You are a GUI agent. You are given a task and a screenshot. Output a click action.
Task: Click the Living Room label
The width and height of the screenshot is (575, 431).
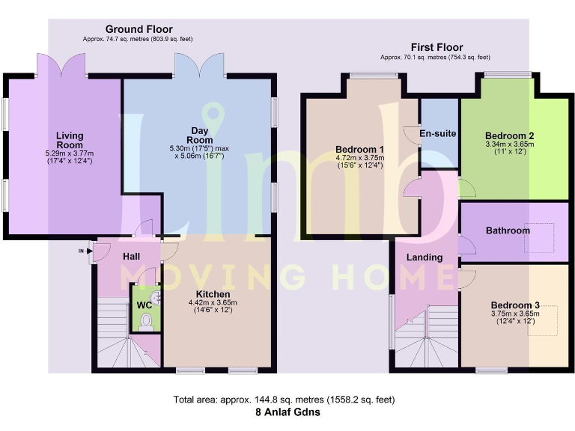click(x=69, y=141)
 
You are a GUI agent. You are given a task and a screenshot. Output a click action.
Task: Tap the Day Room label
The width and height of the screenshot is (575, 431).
click(x=200, y=135)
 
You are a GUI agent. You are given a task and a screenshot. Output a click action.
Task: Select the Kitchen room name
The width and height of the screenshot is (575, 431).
click(x=213, y=294)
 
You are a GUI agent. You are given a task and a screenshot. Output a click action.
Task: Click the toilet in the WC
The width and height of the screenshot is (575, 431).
click(x=147, y=321)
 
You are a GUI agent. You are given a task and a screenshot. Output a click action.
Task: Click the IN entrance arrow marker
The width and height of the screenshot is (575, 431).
click(x=82, y=251)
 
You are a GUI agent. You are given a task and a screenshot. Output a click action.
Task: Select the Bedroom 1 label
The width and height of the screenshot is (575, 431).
click(x=359, y=149)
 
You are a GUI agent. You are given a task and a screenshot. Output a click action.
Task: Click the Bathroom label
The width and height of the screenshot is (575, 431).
click(x=508, y=230)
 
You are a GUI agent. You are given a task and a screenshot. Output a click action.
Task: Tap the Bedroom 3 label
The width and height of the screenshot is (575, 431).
click(x=515, y=305)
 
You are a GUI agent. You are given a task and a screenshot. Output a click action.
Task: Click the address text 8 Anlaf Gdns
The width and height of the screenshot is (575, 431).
click(x=287, y=412)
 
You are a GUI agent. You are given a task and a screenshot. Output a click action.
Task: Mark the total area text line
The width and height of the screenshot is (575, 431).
click(x=287, y=400)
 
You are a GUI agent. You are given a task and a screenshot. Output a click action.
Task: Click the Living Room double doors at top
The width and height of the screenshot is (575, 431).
click(x=62, y=66)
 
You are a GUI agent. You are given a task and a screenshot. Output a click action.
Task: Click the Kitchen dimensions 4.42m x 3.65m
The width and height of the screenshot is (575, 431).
click(x=213, y=303)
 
